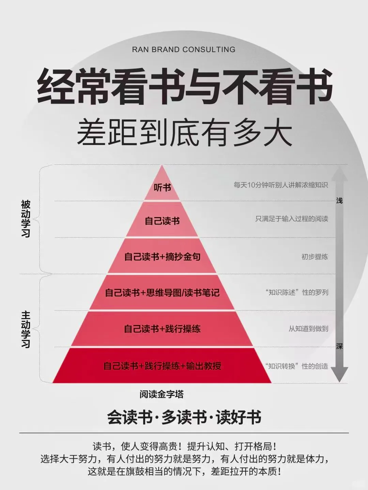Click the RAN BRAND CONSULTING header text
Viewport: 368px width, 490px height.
coord(184,49)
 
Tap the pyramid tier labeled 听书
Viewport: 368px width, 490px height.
coord(162,187)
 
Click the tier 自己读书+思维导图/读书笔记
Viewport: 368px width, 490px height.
coord(162,293)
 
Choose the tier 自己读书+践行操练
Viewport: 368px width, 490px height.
coord(162,329)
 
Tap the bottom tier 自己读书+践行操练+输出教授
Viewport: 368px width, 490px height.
coord(162,366)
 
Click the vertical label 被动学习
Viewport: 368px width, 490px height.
coord(26,219)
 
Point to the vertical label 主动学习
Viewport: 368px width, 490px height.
coord(26,329)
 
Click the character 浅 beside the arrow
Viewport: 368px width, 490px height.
coord(339,200)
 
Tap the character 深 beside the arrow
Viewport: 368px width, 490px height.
coord(339,346)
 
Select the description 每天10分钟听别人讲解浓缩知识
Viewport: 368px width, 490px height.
coord(281,185)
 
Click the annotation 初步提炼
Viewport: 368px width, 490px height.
coord(315,257)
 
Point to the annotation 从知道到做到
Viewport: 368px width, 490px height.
coord(308,329)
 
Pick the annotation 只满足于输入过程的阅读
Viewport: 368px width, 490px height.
coord(292,219)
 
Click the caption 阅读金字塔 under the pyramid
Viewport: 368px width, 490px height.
coord(162,394)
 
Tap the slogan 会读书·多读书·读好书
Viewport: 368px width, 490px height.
coord(184,417)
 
